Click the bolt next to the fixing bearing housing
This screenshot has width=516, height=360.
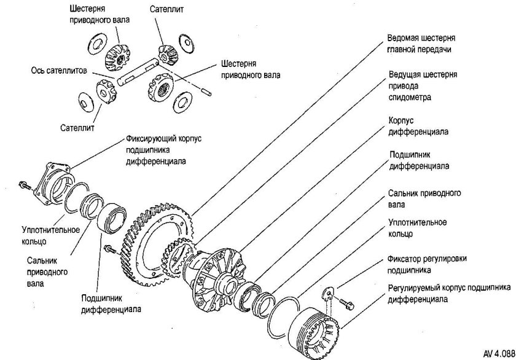23,185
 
